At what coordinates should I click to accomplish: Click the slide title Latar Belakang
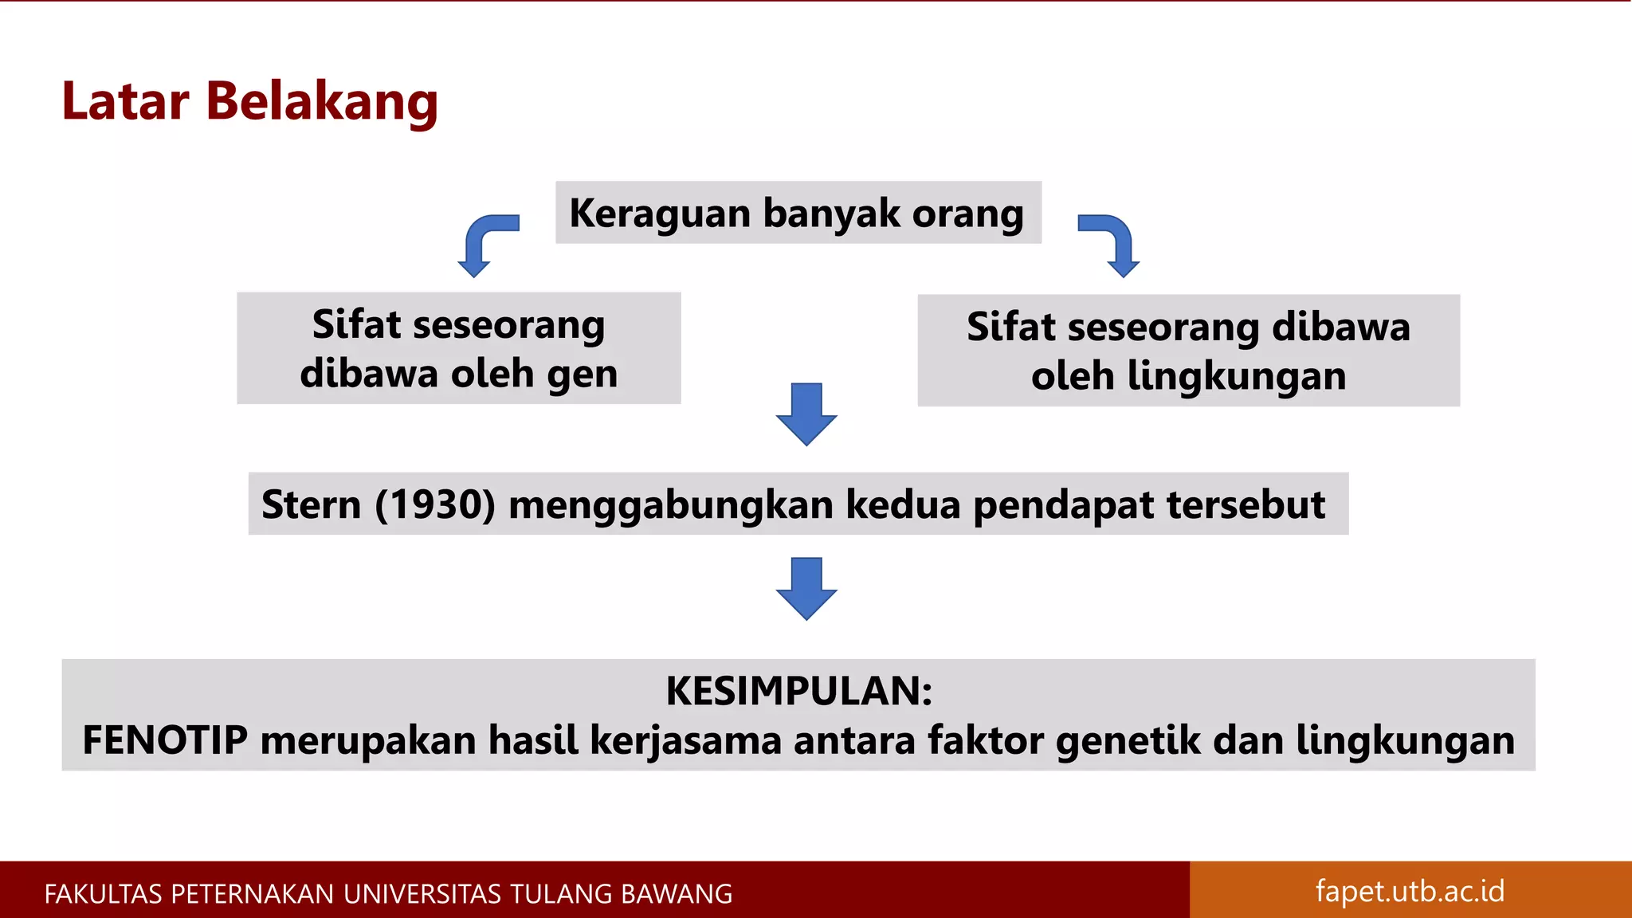[x=249, y=102]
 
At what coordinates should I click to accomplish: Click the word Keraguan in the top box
[x=660, y=214]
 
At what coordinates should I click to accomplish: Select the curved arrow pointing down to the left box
[x=483, y=242]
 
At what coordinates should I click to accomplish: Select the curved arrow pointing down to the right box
[x=1114, y=242]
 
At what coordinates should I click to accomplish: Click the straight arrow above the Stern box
[x=806, y=414]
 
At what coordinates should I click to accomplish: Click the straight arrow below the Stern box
[x=806, y=588]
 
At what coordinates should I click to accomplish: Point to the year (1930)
[x=435, y=504]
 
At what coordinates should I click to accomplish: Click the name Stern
[x=311, y=504]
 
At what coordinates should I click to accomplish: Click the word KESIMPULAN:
[x=798, y=691]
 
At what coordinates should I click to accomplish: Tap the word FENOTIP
[x=165, y=740]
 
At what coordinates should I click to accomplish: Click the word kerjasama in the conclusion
[x=685, y=741]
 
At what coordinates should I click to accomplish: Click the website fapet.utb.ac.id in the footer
[x=1410, y=891]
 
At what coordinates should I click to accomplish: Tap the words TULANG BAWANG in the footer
[x=621, y=894]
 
